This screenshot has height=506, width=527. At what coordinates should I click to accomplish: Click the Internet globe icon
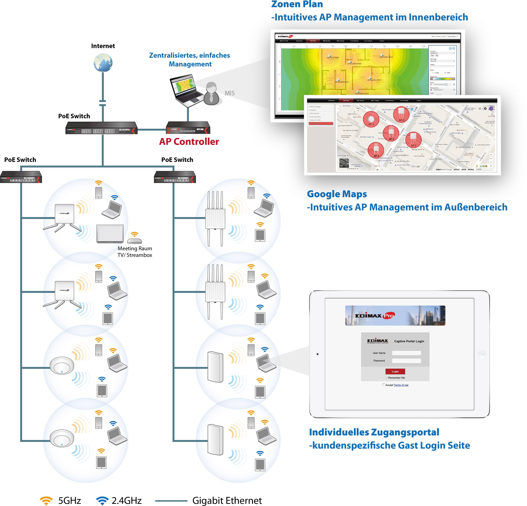point(103,63)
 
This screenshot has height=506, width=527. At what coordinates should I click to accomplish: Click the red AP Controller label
point(189,141)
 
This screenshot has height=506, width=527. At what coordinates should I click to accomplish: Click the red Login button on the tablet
point(395,371)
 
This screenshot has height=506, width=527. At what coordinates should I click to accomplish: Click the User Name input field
point(406,353)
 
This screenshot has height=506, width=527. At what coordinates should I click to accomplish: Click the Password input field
point(406,361)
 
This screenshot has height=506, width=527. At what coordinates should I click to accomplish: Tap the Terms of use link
point(401,385)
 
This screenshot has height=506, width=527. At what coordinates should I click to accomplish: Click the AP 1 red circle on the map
point(371,119)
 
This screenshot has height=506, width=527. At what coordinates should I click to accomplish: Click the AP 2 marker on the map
point(401,114)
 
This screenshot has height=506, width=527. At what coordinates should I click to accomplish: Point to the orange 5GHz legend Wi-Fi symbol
point(46,500)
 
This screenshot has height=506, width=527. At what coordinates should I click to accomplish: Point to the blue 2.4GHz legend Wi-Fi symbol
point(102,500)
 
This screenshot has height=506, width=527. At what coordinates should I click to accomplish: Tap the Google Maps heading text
point(337,194)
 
